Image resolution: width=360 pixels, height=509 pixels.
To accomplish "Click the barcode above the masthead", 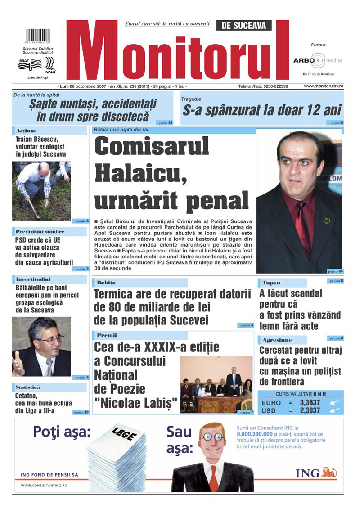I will [37, 36].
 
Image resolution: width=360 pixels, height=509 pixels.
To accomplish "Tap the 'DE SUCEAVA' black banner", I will [244, 26].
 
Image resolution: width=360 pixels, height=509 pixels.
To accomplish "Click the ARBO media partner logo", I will [317, 60].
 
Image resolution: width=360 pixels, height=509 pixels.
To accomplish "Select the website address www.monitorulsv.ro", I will [323, 86].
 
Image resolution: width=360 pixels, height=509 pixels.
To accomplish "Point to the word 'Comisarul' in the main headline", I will [152, 147].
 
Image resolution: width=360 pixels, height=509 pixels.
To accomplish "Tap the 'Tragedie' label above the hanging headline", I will [191, 99].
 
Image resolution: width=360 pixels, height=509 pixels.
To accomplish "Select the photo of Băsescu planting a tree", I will [41, 191].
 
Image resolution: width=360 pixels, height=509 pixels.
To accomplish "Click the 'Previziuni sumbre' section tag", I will [40, 231].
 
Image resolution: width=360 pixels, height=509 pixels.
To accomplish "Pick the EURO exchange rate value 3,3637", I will [310, 402].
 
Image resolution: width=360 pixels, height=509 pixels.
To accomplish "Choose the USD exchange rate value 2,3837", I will [310, 410].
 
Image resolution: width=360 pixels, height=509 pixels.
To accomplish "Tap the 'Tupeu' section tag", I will [271, 283].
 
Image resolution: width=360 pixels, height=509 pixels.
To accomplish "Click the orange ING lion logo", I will [329, 473].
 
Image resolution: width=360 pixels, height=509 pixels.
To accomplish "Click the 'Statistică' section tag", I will [28, 387].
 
